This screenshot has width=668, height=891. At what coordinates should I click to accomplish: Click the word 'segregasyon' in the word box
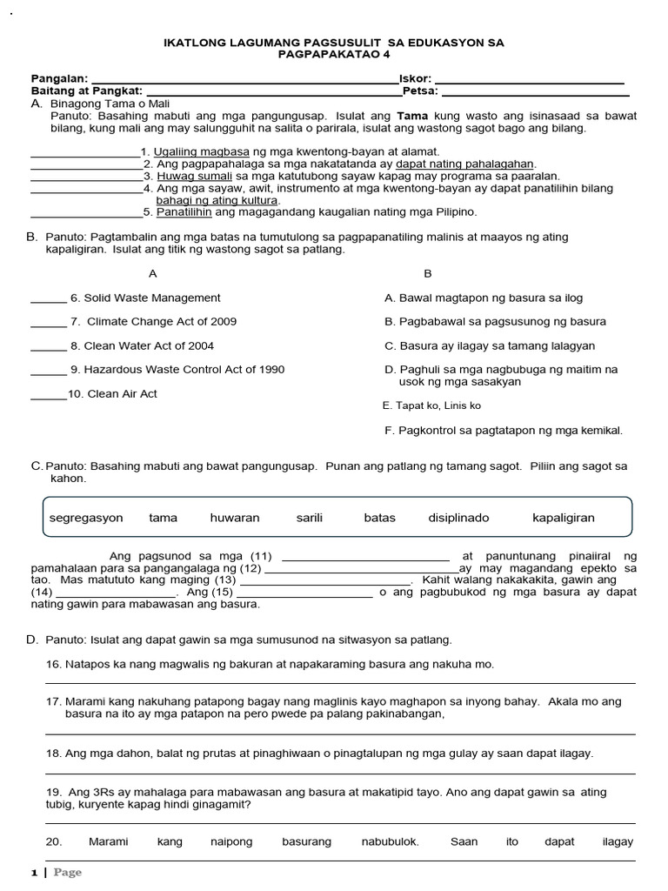86,518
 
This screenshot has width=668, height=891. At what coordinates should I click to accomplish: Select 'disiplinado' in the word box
458,518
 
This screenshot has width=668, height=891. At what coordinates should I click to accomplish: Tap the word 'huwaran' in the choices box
235,518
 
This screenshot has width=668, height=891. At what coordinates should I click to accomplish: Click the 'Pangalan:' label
59,79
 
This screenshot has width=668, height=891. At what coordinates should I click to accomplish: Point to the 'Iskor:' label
415,79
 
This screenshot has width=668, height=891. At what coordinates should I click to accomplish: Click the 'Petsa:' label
421,90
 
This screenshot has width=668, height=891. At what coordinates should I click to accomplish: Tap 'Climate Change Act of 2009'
162,322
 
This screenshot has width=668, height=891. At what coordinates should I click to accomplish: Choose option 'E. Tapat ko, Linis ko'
431,405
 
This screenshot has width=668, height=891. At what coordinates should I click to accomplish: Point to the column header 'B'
427,273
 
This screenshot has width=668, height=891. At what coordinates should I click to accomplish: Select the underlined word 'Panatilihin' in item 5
184,211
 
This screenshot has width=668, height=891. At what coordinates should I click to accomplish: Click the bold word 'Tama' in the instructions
412,115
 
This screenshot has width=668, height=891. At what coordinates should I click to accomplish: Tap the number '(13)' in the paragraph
225,579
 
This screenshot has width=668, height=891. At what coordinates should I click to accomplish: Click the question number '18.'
54,753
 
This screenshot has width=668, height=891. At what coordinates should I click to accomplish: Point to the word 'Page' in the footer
68,872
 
